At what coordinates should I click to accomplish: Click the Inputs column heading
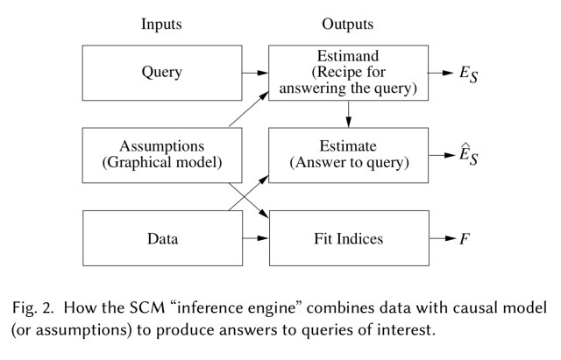click(x=161, y=25)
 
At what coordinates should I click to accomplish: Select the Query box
click(x=161, y=73)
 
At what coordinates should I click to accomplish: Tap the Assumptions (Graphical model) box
click(x=161, y=155)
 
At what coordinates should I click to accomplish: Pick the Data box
click(x=161, y=237)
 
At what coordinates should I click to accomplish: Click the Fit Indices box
click(x=348, y=237)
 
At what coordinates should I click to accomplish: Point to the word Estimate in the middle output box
click(x=348, y=146)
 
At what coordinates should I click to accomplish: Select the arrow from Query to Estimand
click(x=255, y=73)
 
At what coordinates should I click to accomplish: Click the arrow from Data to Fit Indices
click(x=255, y=237)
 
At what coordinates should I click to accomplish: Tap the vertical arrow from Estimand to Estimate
click(x=349, y=114)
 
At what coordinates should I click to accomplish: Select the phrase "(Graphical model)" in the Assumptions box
click(x=161, y=163)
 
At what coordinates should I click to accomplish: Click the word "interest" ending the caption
click(x=369, y=332)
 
